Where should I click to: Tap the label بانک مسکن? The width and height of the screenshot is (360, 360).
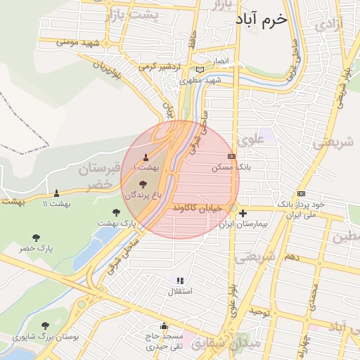click(231, 168)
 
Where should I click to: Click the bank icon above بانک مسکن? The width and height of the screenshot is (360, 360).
click(231, 157)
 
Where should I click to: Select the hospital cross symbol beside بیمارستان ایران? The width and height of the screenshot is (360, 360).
click(243, 214)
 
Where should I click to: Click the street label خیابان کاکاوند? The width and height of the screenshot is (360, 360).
click(210, 209)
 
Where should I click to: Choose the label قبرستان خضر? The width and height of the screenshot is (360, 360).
click(103, 176)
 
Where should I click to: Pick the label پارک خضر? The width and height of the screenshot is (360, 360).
click(37, 248)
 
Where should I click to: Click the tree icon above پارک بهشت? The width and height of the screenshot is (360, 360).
click(116, 212)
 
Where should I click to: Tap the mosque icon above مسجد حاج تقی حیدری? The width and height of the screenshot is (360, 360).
click(164, 326)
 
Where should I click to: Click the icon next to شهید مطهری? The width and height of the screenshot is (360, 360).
click(201, 70)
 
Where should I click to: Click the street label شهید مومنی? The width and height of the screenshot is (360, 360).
click(81, 43)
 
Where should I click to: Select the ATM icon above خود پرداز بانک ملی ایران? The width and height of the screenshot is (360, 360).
click(302, 193)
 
